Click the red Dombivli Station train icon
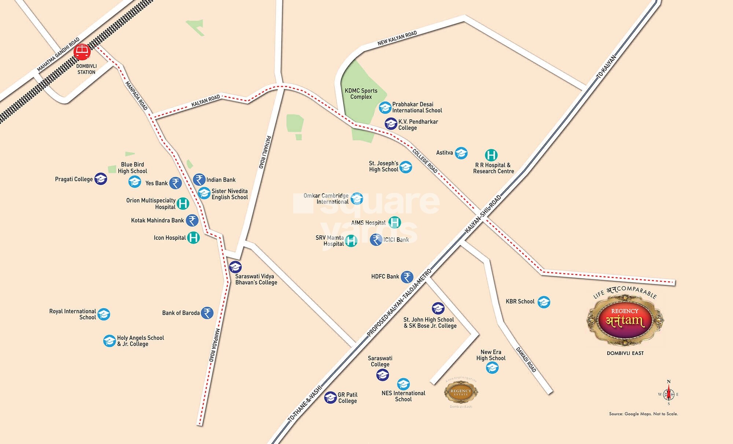pos(82,52)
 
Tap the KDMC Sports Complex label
pos(361,94)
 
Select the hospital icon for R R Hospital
pos(491,155)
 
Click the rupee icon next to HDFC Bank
pos(407,277)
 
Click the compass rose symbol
pos(668,394)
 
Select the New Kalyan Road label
pos(397,38)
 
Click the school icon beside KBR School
pos(544,302)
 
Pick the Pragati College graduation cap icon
pos(101,179)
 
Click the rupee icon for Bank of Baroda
pos(207,313)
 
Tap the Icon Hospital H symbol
pos(194,238)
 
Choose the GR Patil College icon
pos(331,397)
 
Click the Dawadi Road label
pos(526,359)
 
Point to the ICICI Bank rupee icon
pos(376,240)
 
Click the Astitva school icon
pos(461,153)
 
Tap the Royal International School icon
pos(104,314)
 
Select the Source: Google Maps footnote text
pos(643,414)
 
